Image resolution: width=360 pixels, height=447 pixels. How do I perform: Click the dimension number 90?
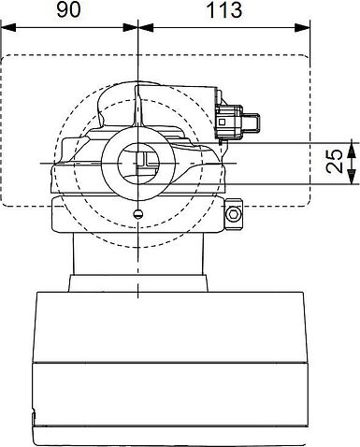pyautogui.click(x=68, y=9)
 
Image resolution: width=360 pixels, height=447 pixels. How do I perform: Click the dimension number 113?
pyautogui.click(x=224, y=9)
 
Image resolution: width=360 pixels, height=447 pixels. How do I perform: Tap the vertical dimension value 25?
pyautogui.click(x=335, y=161)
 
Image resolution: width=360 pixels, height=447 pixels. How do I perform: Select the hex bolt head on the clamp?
pyautogui.click(x=234, y=214)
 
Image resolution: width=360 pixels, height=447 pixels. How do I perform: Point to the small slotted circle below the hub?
pyautogui.click(x=138, y=213)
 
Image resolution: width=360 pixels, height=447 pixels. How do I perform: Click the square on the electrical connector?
pyautogui.click(x=223, y=122)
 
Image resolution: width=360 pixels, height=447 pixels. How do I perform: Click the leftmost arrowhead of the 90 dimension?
pyautogui.click(x=7, y=27)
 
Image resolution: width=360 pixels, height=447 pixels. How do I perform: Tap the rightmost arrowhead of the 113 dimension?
pyautogui.click(x=303, y=27)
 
